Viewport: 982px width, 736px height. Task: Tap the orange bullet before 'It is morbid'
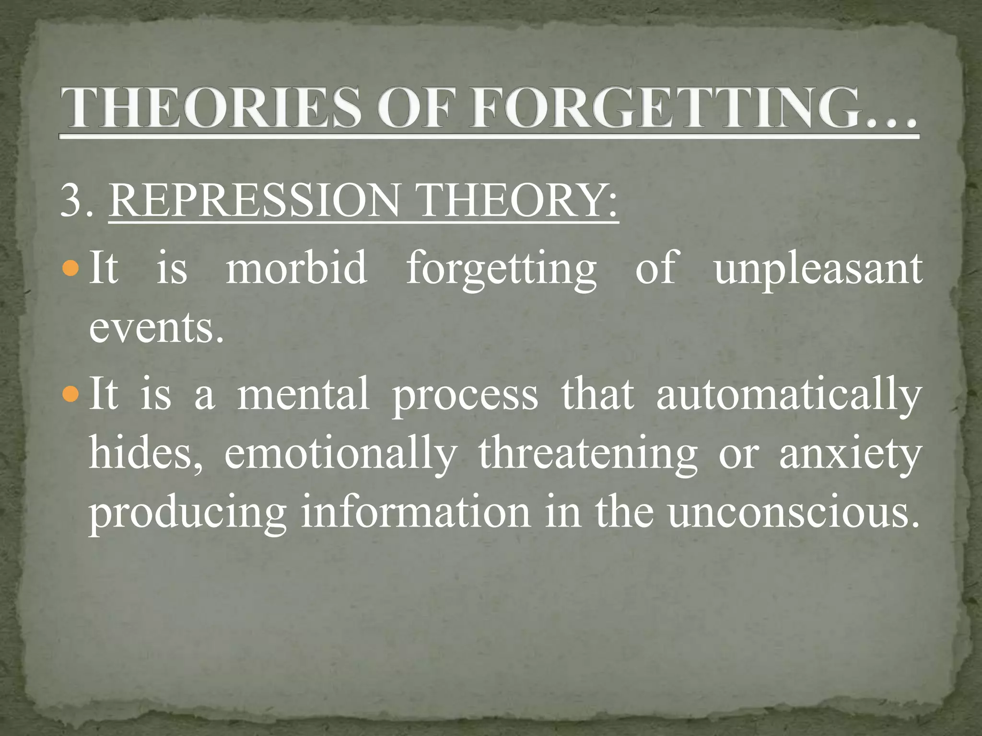click(71, 268)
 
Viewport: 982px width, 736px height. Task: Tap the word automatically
click(788, 396)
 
